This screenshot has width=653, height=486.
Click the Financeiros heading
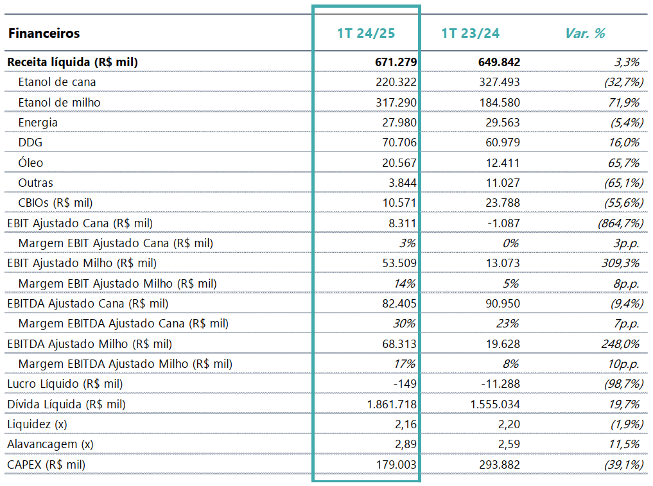click(x=44, y=33)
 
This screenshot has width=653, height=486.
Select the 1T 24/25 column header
click(x=366, y=33)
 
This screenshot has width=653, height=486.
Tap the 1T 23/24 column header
click(x=470, y=33)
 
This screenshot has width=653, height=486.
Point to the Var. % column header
click(x=585, y=33)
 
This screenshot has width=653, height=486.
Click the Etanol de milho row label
click(x=59, y=103)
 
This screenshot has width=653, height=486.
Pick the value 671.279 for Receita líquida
click(x=396, y=62)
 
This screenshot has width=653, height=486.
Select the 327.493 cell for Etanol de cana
click(x=500, y=82)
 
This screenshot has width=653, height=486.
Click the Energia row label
click(x=38, y=123)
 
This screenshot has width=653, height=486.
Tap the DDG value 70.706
click(x=399, y=143)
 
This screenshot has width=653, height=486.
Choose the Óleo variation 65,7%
click(x=623, y=163)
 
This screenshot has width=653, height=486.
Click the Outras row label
click(x=35, y=183)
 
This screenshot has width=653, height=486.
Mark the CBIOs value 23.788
click(x=503, y=203)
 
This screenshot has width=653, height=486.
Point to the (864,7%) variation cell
click(x=620, y=223)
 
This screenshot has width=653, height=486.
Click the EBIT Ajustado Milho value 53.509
click(x=399, y=263)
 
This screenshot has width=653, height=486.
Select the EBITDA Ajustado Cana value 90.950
click(x=503, y=304)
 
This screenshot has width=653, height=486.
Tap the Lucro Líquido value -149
click(x=405, y=383)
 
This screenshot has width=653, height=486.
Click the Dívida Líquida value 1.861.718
click(x=392, y=404)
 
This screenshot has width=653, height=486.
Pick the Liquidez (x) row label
click(x=37, y=424)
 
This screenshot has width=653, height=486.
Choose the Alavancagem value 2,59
click(x=509, y=444)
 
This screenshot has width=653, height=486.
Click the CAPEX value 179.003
click(x=396, y=464)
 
